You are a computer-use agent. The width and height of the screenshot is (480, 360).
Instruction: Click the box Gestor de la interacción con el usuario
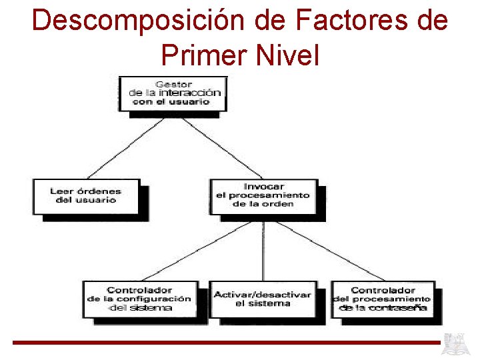173,93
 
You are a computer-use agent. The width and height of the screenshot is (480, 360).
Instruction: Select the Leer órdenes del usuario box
86,195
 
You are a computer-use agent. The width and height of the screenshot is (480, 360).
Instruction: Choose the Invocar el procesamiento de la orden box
263,195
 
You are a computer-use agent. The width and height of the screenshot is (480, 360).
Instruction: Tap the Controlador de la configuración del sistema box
139,299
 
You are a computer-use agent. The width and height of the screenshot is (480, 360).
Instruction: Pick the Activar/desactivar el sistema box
263,299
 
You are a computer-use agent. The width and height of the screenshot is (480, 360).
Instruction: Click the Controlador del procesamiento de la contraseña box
383,299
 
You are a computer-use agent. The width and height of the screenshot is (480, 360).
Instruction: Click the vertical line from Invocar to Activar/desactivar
264,250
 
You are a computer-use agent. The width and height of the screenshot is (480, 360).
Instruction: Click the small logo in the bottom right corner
457,344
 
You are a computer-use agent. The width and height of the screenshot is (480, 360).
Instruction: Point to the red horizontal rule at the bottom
227,343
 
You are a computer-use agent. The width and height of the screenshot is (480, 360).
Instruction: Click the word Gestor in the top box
173,85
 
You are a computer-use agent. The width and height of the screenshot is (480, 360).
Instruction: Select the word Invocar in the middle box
263,187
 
